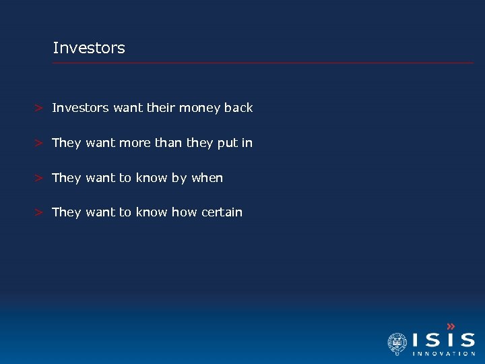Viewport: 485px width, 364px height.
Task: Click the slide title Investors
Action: pyautogui.click(x=89, y=49)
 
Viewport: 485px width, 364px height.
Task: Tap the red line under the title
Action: pyautogui.click(x=263, y=63)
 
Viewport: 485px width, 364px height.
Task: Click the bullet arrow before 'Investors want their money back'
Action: pyautogui.click(x=40, y=108)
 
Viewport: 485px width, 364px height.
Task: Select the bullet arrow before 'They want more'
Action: pyautogui.click(x=40, y=143)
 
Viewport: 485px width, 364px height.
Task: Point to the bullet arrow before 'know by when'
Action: pyautogui.click(x=40, y=178)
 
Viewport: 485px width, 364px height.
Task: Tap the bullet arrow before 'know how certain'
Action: pyautogui.click(x=40, y=212)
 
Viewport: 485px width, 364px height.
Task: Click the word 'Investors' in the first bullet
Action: pyautogui.click(x=80, y=108)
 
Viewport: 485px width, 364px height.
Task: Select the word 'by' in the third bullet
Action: pyautogui.click(x=179, y=179)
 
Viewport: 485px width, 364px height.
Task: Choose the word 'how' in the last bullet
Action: pyautogui.click(x=184, y=212)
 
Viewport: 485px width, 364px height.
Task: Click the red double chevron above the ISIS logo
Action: pyautogui.click(x=451, y=326)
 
